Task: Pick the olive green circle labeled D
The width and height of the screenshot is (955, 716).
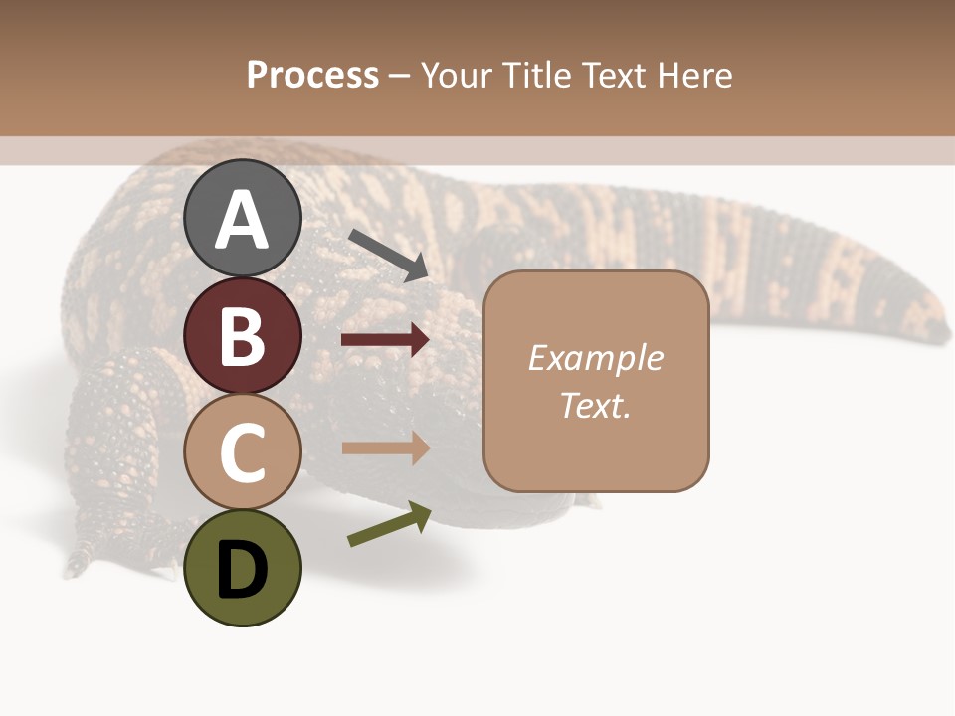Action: coord(243,568)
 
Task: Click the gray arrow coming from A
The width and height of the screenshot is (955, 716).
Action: coord(387,254)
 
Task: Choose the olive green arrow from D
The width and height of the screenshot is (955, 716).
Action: coord(389,524)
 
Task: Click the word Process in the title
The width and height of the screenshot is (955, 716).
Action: coord(312,75)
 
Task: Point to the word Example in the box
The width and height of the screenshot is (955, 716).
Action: coord(595,358)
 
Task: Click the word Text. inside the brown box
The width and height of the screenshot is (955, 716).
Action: coord(595,405)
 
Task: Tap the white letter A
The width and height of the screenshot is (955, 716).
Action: coord(243,220)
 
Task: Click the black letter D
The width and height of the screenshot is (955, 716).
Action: coord(243,569)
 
